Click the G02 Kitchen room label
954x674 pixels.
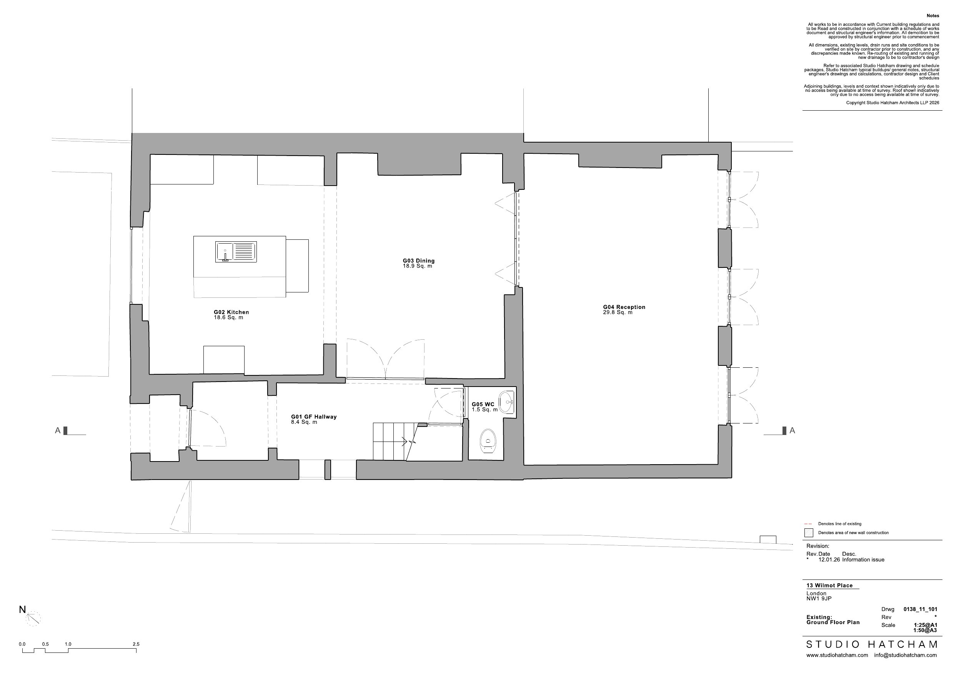231,312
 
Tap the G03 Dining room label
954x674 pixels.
418,261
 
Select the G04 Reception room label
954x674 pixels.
624,307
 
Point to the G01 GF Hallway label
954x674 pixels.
314,417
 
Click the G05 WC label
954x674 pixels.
483,405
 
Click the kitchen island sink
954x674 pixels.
236,252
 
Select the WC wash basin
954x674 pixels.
507,402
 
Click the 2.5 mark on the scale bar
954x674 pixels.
136,644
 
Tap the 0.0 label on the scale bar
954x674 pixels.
22,644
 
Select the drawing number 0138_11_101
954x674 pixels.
920,609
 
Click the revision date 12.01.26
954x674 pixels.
829,560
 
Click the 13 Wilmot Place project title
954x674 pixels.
830,586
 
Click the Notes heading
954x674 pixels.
933,16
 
